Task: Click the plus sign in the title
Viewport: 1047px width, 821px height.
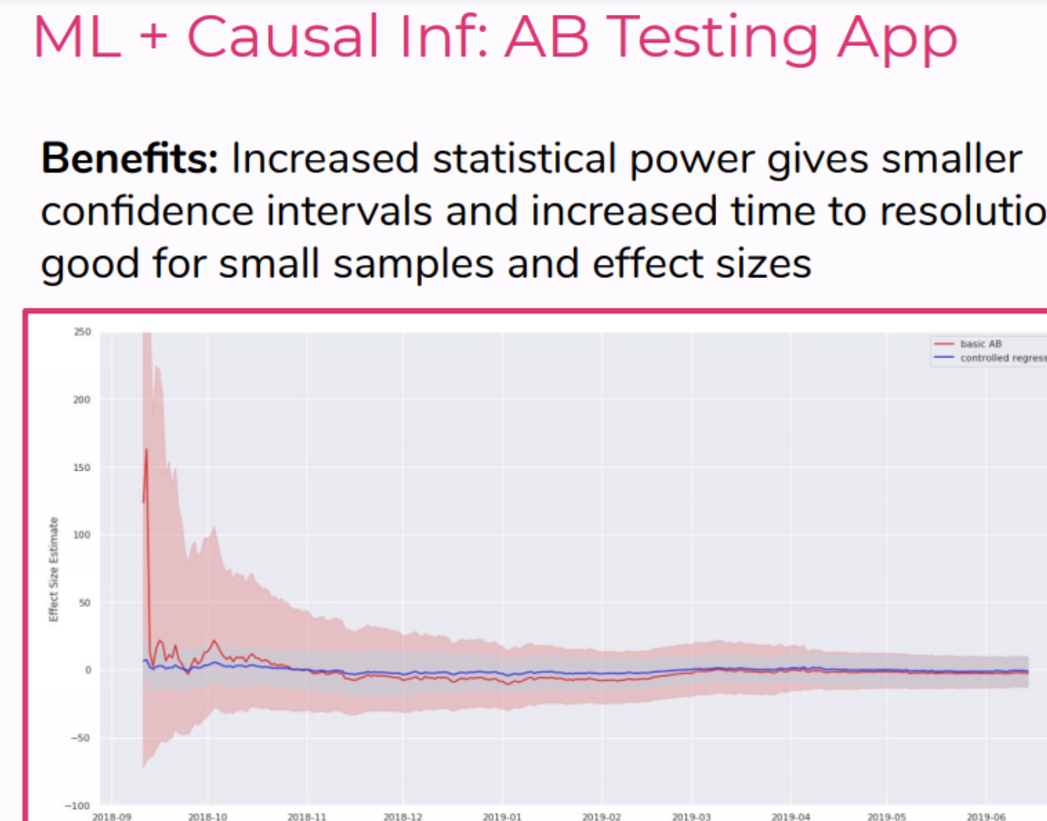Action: pos(154,36)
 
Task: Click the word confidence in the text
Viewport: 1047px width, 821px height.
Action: pos(147,211)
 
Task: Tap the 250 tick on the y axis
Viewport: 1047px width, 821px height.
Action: pos(83,332)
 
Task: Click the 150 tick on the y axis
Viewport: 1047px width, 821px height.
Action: pos(82,467)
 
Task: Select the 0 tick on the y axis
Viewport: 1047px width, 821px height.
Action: pos(88,670)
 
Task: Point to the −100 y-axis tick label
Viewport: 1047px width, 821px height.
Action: pos(78,805)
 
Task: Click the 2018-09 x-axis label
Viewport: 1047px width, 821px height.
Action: pos(111,816)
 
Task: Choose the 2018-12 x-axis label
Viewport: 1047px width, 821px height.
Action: pos(403,816)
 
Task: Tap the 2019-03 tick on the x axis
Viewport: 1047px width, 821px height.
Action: pos(691,816)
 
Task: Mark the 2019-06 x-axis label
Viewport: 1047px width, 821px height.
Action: pos(986,816)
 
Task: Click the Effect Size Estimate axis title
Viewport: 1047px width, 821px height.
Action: pos(54,569)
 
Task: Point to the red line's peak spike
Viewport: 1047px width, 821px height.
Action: pos(147,449)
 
